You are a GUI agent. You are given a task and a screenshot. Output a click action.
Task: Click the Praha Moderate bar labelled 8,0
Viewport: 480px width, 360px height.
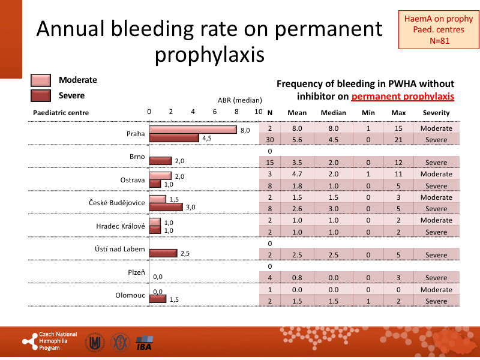[193, 130]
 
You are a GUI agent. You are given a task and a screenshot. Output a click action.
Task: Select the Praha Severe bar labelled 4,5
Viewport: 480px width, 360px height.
[173, 138]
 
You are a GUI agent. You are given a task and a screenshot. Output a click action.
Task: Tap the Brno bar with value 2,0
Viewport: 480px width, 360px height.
[160, 161]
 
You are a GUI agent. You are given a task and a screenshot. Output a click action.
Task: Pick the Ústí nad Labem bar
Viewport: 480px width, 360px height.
[163, 253]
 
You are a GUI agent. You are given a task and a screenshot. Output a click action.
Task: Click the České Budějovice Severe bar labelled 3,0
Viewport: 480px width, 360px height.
[166, 207]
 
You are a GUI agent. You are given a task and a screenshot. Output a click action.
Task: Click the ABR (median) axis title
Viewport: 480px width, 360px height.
[239, 100]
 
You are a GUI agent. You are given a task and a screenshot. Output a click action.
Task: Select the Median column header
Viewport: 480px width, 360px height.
[333, 113]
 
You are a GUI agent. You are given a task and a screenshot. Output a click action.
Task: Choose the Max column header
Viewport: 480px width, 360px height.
[398, 113]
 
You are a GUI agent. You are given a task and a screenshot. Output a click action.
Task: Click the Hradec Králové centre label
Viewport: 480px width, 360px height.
[121, 226]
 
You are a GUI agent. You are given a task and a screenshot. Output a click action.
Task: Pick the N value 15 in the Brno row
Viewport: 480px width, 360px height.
[270, 163]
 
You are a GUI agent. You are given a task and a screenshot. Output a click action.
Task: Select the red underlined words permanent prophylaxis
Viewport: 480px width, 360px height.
[403, 96]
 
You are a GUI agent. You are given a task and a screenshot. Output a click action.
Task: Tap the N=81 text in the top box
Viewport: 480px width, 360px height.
[439, 41]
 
